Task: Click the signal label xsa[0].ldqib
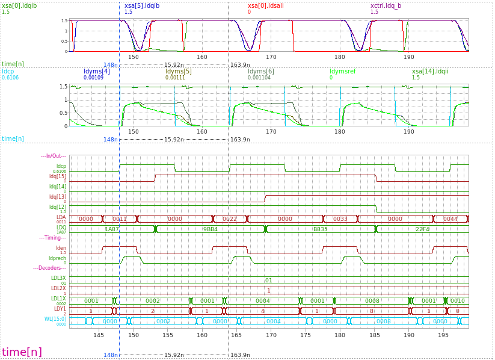[20, 5]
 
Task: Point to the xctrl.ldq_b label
[387, 5]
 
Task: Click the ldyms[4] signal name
[96, 71]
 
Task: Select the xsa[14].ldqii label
[430, 71]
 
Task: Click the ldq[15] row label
[58, 176]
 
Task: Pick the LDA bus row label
[61, 217]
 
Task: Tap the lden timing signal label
[61, 248]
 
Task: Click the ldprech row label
[57, 258]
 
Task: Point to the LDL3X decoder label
[58, 278]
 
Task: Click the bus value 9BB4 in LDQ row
[210, 229]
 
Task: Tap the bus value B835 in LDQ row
[320, 229]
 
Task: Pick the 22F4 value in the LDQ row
[422, 229]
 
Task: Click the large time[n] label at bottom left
[22, 352]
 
